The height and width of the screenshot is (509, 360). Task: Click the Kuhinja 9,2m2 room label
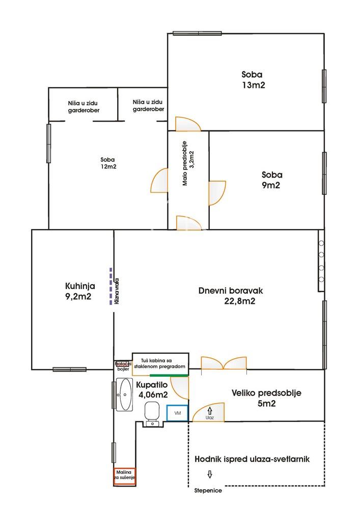80,291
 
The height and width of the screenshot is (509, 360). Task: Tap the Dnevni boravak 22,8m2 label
231,296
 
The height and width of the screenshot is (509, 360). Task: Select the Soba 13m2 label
253,79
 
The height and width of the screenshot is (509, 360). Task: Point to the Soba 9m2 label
272,180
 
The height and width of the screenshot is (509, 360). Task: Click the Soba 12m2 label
108,163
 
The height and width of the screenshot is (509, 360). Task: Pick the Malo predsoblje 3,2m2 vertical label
188,163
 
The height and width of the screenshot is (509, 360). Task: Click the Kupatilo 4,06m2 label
152,389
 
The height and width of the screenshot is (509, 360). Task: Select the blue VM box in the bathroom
178,413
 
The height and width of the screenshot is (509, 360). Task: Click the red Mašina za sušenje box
124,476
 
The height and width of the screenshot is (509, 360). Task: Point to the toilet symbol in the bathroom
152,414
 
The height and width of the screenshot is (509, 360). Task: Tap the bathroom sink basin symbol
125,394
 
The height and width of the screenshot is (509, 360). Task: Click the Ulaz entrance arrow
210,411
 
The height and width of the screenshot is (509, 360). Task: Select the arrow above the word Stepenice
210,474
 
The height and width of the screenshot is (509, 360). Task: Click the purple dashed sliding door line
110,286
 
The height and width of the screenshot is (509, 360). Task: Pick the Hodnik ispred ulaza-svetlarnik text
252,459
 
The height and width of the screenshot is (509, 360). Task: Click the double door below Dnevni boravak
224,363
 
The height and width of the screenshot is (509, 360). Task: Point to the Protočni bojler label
123,366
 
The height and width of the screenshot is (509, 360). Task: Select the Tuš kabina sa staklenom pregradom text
160,363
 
